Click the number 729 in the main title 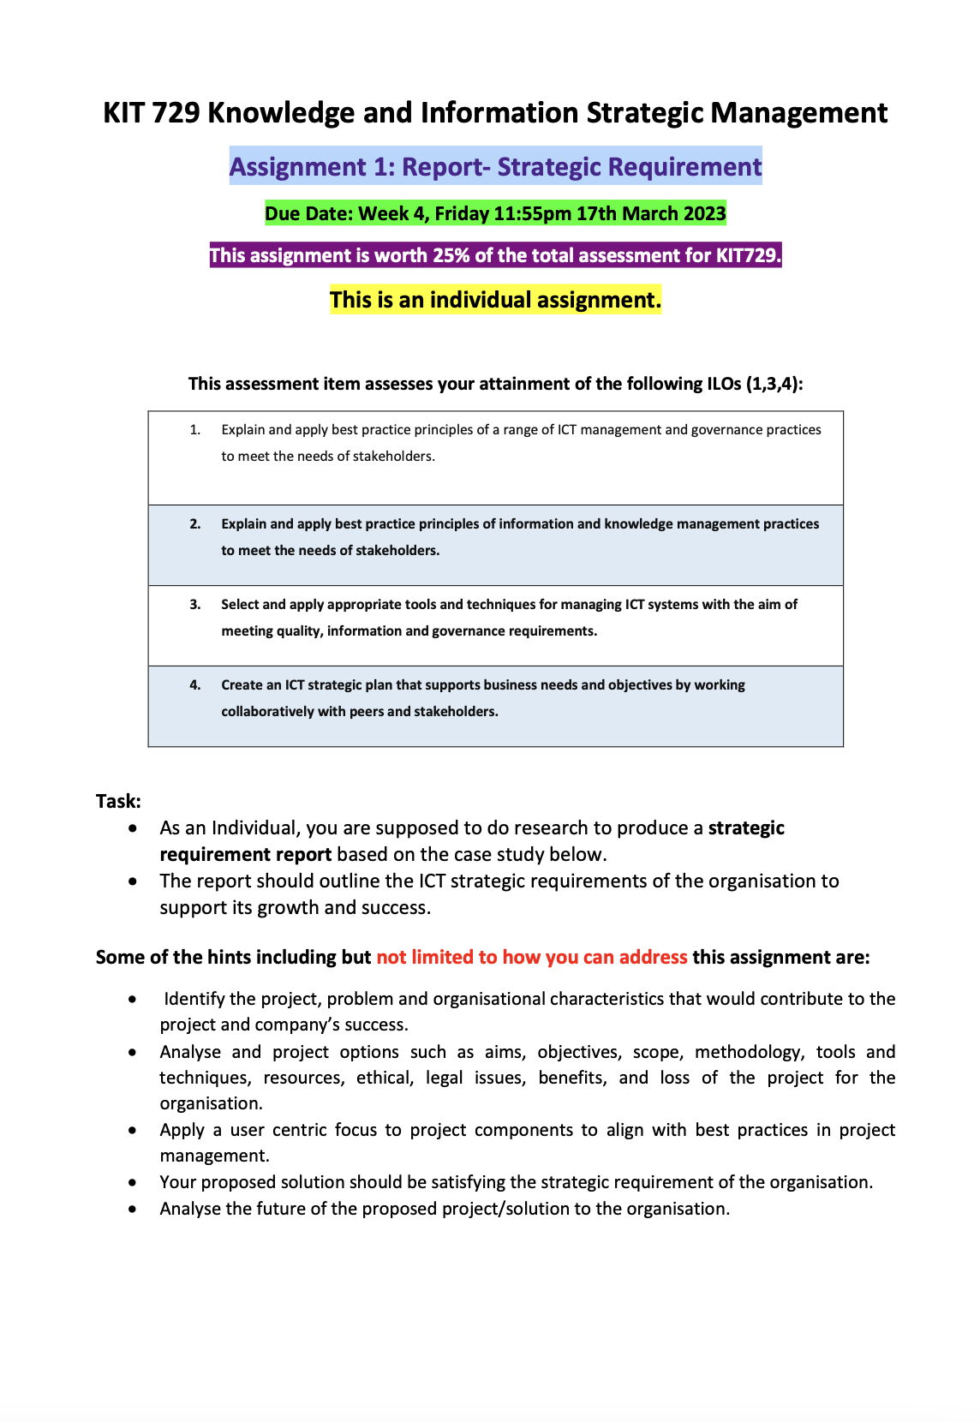click(x=176, y=113)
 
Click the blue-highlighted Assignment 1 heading click(x=495, y=166)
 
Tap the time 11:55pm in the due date click(x=532, y=213)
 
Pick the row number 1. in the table click(x=195, y=430)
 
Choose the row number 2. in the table click(x=195, y=524)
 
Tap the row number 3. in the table click(x=195, y=605)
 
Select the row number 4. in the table click(x=195, y=685)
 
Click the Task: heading click(x=118, y=801)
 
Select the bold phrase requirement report click(x=245, y=855)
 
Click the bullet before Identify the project click(x=132, y=999)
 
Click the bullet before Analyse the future click(x=132, y=1209)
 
